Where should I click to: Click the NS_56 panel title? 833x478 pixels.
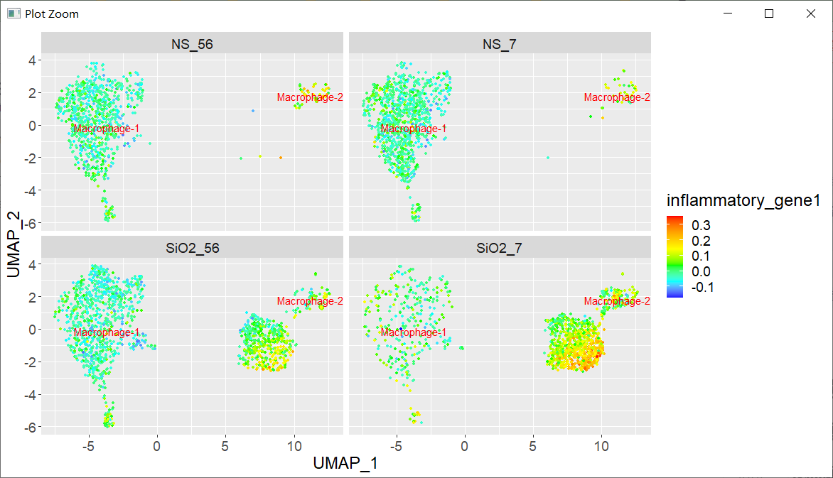pyautogui.click(x=192, y=44)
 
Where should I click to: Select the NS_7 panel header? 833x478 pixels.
pyautogui.click(x=499, y=44)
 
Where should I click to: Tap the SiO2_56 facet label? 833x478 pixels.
pyautogui.click(x=192, y=248)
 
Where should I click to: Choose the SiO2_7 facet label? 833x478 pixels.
pyautogui.click(x=499, y=248)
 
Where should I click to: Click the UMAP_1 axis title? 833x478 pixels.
pyautogui.click(x=345, y=463)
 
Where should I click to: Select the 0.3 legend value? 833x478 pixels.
pyautogui.click(x=702, y=225)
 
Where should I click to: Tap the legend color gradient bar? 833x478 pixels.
pyautogui.click(x=675, y=256)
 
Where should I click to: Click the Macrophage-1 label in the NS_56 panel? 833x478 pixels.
pyautogui.click(x=107, y=129)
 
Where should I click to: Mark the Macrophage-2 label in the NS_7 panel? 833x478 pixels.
pyautogui.click(x=617, y=97)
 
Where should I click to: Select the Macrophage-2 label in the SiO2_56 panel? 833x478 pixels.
pyautogui.click(x=310, y=301)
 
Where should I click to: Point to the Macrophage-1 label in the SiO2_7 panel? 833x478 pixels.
pyautogui.click(x=414, y=332)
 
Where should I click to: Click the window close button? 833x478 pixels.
pyautogui.click(x=811, y=13)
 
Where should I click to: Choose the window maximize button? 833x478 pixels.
pyautogui.click(x=769, y=13)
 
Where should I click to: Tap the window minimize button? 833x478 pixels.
pyautogui.click(x=727, y=13)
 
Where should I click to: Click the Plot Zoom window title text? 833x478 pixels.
pyautogui.click(x=52, y=13)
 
